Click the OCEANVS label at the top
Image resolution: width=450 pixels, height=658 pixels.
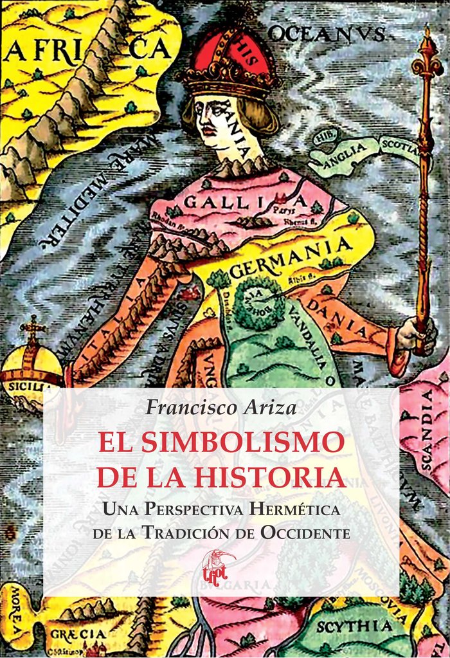[x=327, y=33]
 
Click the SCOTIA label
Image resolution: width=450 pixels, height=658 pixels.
[x=399, y=145]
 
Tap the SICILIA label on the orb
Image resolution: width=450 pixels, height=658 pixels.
[x=26, y=387]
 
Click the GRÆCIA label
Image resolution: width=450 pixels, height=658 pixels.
[x=80, y=634]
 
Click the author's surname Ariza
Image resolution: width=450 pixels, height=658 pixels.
[x=266, y=407]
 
